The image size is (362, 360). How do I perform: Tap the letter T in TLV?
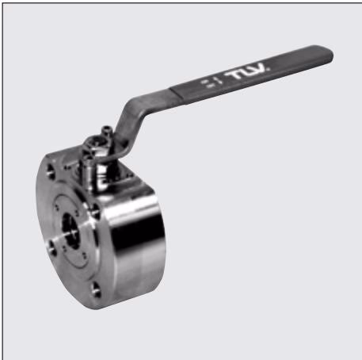click(x=233, y=75)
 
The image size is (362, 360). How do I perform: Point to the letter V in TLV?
click(x=260, y=68)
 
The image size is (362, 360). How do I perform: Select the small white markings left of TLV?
click(x=211, y=82)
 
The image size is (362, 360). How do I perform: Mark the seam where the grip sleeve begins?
click(x=177, y=94)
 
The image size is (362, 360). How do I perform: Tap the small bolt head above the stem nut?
click(x=108, y=130)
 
